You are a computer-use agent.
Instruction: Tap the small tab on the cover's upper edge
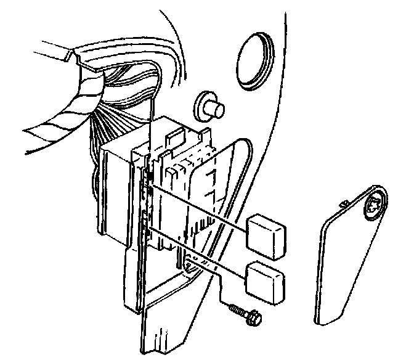(x=346, y=202)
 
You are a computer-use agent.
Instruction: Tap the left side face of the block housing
(x=117, y=191)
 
